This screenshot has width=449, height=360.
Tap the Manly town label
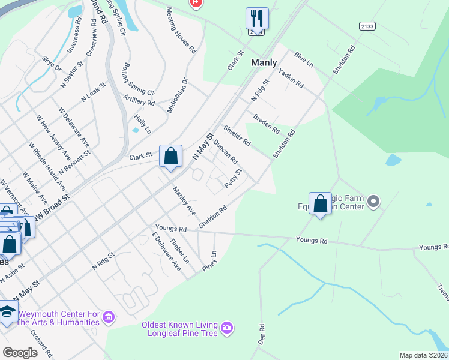tap(264, 62)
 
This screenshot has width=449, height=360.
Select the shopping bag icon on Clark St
tap(171, 157)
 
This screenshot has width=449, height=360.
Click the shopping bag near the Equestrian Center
tap(321, 203)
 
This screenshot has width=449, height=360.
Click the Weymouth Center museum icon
tap(109, 316)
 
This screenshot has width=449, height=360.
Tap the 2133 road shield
tap(367, 26)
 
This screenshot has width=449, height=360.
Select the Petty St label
tap(233, 178)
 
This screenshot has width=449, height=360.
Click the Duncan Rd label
tap(226, 153)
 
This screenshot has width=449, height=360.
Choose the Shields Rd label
tap(237, 135)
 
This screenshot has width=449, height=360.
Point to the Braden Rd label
tap(267, 124)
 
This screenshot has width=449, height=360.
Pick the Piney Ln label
tap(209, 261)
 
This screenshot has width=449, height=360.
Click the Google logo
tap(20, 353)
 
